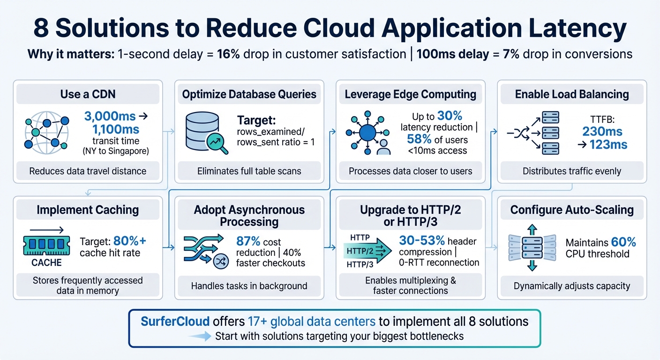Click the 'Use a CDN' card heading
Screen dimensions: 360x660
click(x=88, y=94)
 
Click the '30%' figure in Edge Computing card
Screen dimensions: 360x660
click(x=450, y=116)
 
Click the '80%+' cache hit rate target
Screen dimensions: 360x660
click(x=129, y=241)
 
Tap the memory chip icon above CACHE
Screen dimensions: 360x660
click(x=46, y=245)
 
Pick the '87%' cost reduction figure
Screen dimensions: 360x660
click(x=248, y=241)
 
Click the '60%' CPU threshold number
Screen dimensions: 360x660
click(x=624, y=242)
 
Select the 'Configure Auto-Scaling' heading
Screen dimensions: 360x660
click(x=572, y=210)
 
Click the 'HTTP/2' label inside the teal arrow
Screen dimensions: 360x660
click(x=360, y=251)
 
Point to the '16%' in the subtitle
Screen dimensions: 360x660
click(x=228, y=54)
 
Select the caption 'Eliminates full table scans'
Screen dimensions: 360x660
click(x=249, y=172)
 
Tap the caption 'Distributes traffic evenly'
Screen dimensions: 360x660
click(x=571, y=172)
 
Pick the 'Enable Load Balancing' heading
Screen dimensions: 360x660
click(x=572, y=94)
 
